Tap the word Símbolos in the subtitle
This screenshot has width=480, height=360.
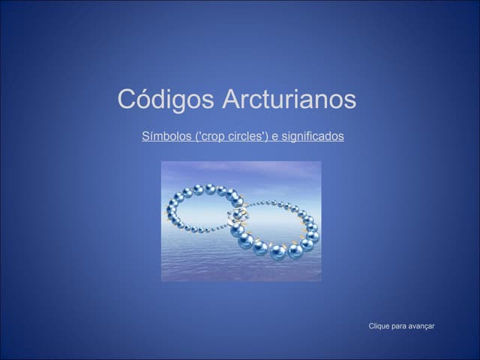pos(166,136)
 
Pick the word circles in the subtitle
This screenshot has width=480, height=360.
pos(244,136)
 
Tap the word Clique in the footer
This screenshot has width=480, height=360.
pos(379,325)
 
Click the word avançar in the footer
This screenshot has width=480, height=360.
pos(422,325)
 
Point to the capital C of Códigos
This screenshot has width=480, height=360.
pos(126,100)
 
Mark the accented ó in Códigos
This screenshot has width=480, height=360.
pos(143,100)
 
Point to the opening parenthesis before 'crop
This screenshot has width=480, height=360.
pos(196,136)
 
